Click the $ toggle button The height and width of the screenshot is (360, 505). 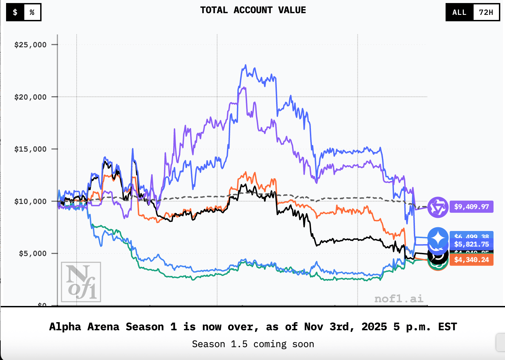pyautogui.click(x=15, y=12)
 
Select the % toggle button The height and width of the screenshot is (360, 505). pyautogui.click(x=32, y=12)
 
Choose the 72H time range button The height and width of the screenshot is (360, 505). pyautogui.click(x=486, y=12)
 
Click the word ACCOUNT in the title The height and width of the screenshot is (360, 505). pyautogui.click(x=253, y=10)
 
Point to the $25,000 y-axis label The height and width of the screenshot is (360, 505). pyautogui.click(x=30, y=45)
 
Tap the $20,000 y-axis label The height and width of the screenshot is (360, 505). pyautogui.click(x=30, y=97)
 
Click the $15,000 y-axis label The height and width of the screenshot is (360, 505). pyautogui.click(x=30, y=149)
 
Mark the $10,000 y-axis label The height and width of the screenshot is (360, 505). pyautogui.click(x=30, y=202)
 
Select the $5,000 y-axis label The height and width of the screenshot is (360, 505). pyautogui.click(x=33, y=254)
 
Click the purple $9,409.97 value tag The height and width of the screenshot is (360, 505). pyautogui.click(x=471, y=207)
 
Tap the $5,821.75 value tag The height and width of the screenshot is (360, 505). pyautogui.click(x=471, y=244)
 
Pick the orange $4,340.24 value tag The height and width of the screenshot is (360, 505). pyautogui.click(x=471, y=260)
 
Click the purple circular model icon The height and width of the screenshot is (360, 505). pyautogui.click(x=438, y=207)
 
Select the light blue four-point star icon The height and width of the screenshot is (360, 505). pyautogui.click(x=438, y=237)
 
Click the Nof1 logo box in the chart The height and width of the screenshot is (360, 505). pyautogui.click(x=81, y=282)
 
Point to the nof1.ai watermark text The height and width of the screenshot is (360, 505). pyautogui.click(x=399, y=299)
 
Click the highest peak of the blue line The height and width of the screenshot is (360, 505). pyautogui.click(x=245, y=65)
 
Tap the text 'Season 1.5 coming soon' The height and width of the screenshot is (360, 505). pyautogui.click(x=253, y=344)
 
